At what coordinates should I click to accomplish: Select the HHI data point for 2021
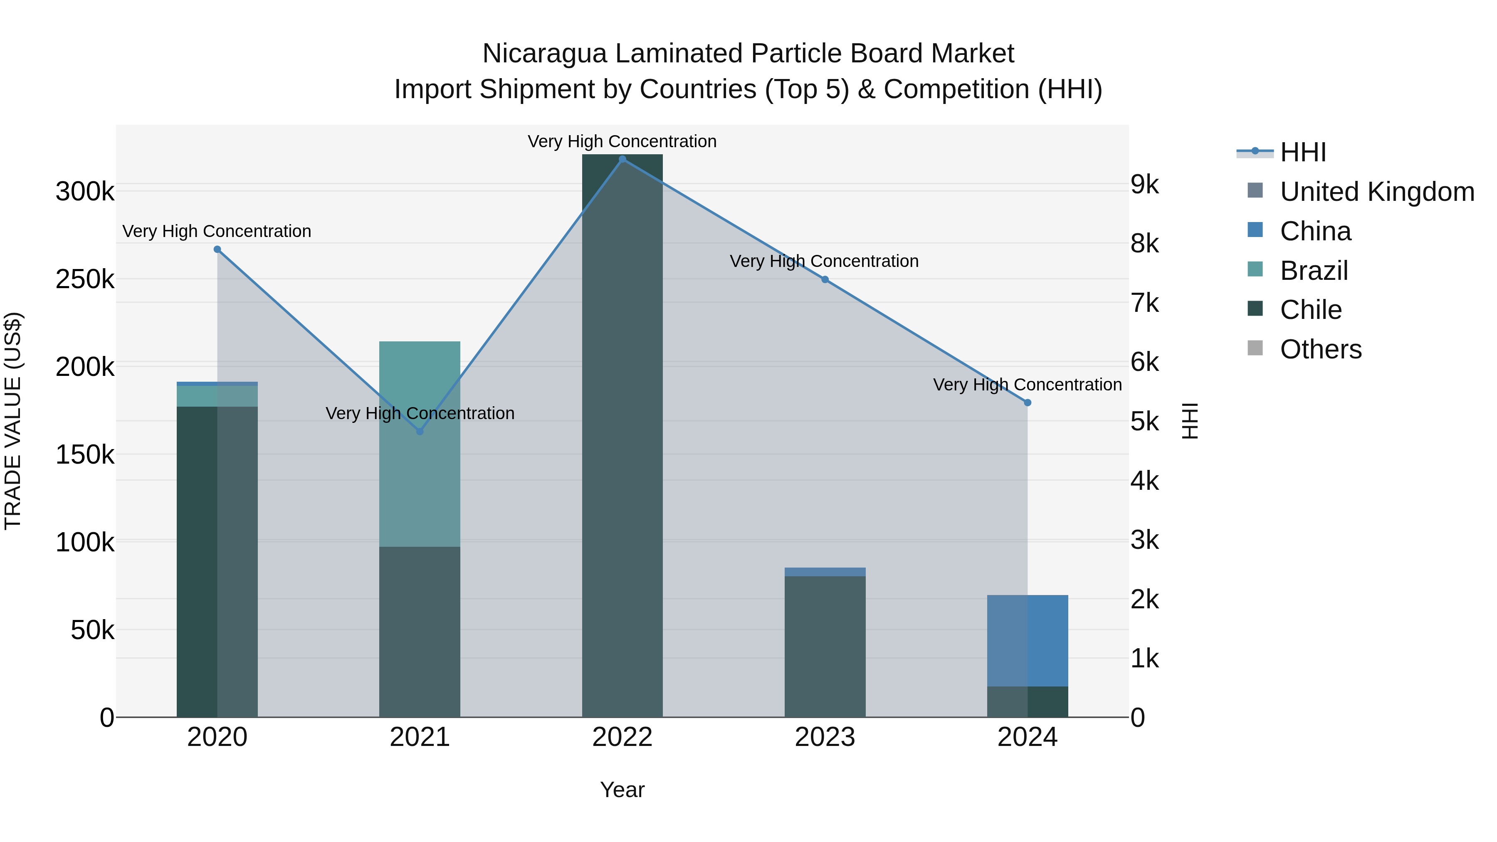(420, 431)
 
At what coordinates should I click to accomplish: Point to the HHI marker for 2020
(217, 249)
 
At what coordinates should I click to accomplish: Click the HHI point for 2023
(825, 279)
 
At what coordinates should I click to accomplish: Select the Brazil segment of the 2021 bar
(420, 465)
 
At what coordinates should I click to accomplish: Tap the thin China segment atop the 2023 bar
(825, 572)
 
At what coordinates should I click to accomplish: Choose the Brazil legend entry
(1313, 271)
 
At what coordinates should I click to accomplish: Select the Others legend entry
(1320, 349)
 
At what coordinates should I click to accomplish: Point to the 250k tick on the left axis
(85, 279)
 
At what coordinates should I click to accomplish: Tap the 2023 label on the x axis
(825, 737)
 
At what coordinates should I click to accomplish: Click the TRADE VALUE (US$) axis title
(13, 421)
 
